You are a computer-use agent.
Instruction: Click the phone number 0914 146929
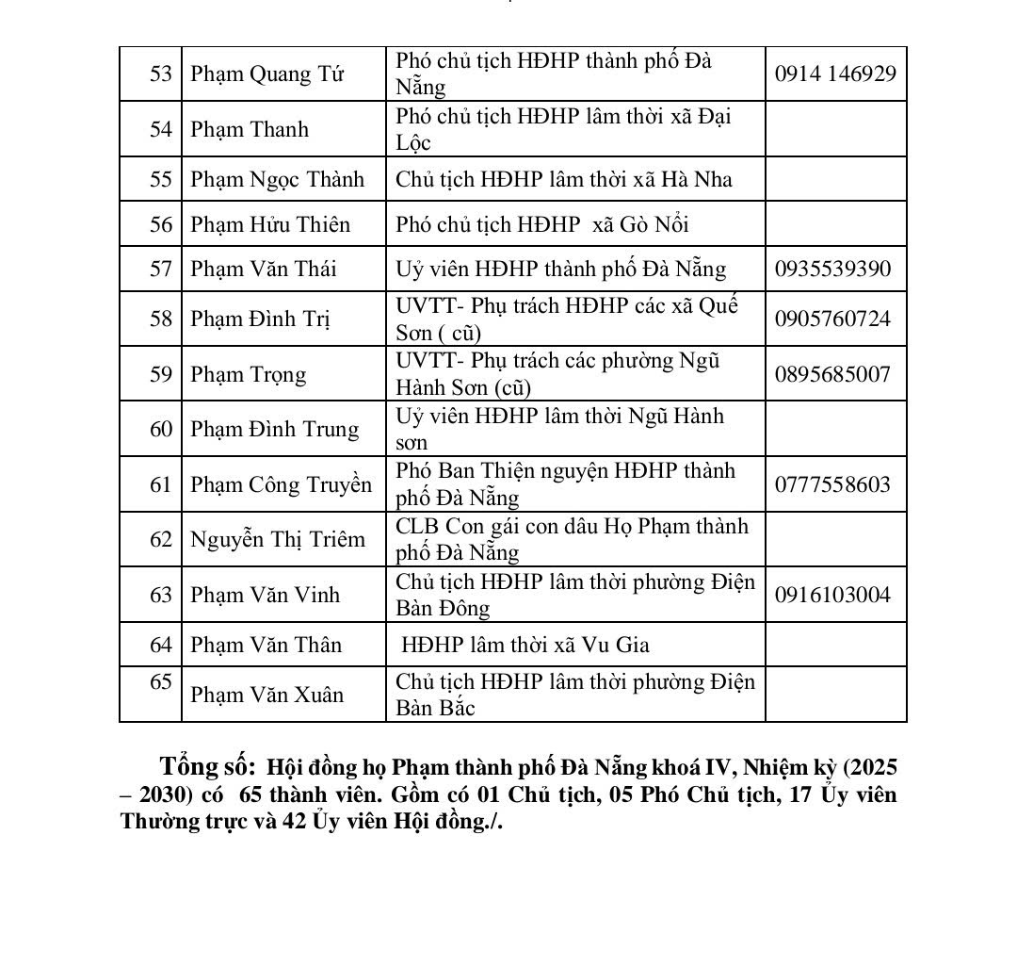[835, 74]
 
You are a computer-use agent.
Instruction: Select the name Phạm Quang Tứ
[266, 74]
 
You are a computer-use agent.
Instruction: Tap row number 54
[161, 129]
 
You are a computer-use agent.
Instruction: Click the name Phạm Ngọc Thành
[277, 179]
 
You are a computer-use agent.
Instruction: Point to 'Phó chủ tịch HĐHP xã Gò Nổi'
[542, 224]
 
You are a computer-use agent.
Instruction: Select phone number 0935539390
[832, 269]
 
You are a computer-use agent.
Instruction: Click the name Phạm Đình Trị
[260, 319]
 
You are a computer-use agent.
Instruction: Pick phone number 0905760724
[832, 319]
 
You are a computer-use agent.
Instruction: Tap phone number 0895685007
[832, 374]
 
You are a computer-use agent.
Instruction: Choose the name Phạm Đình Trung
[274, 429]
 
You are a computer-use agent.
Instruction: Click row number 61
[161, 484]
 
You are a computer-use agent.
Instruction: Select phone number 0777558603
[832, 484]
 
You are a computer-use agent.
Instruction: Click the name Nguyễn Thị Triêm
[277, 539]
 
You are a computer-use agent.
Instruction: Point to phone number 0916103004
[832, 595]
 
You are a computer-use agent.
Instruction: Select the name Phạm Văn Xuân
[266, 695]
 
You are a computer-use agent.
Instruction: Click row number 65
[161, 681]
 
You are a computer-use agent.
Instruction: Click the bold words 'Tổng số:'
[207, 765]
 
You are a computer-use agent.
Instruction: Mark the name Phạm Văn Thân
[266, 645]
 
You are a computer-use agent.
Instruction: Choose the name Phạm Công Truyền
[281, 484]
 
